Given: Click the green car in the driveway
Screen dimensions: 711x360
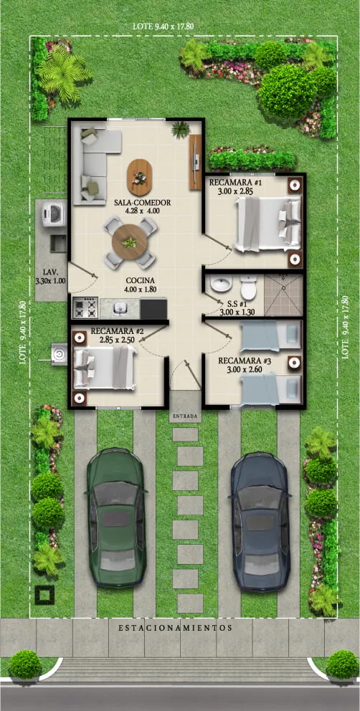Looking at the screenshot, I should click(116, 517).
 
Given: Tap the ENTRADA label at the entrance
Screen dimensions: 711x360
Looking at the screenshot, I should click(186, 416).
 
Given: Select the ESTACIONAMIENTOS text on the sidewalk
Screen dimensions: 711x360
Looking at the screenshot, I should click(176, 627).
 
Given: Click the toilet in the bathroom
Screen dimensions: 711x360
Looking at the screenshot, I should click(248, 288).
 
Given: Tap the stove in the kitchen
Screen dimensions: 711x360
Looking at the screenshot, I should click(85, 308).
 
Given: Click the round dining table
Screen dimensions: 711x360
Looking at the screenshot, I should click(130, 243).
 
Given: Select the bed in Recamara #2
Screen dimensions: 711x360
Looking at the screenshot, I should click(103, 368).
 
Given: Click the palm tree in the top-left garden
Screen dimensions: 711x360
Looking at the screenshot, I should click(62, 73).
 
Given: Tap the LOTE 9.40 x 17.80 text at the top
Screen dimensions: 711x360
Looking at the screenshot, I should click(164, 26).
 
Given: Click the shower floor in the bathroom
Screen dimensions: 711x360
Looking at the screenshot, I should click(281, 295).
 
